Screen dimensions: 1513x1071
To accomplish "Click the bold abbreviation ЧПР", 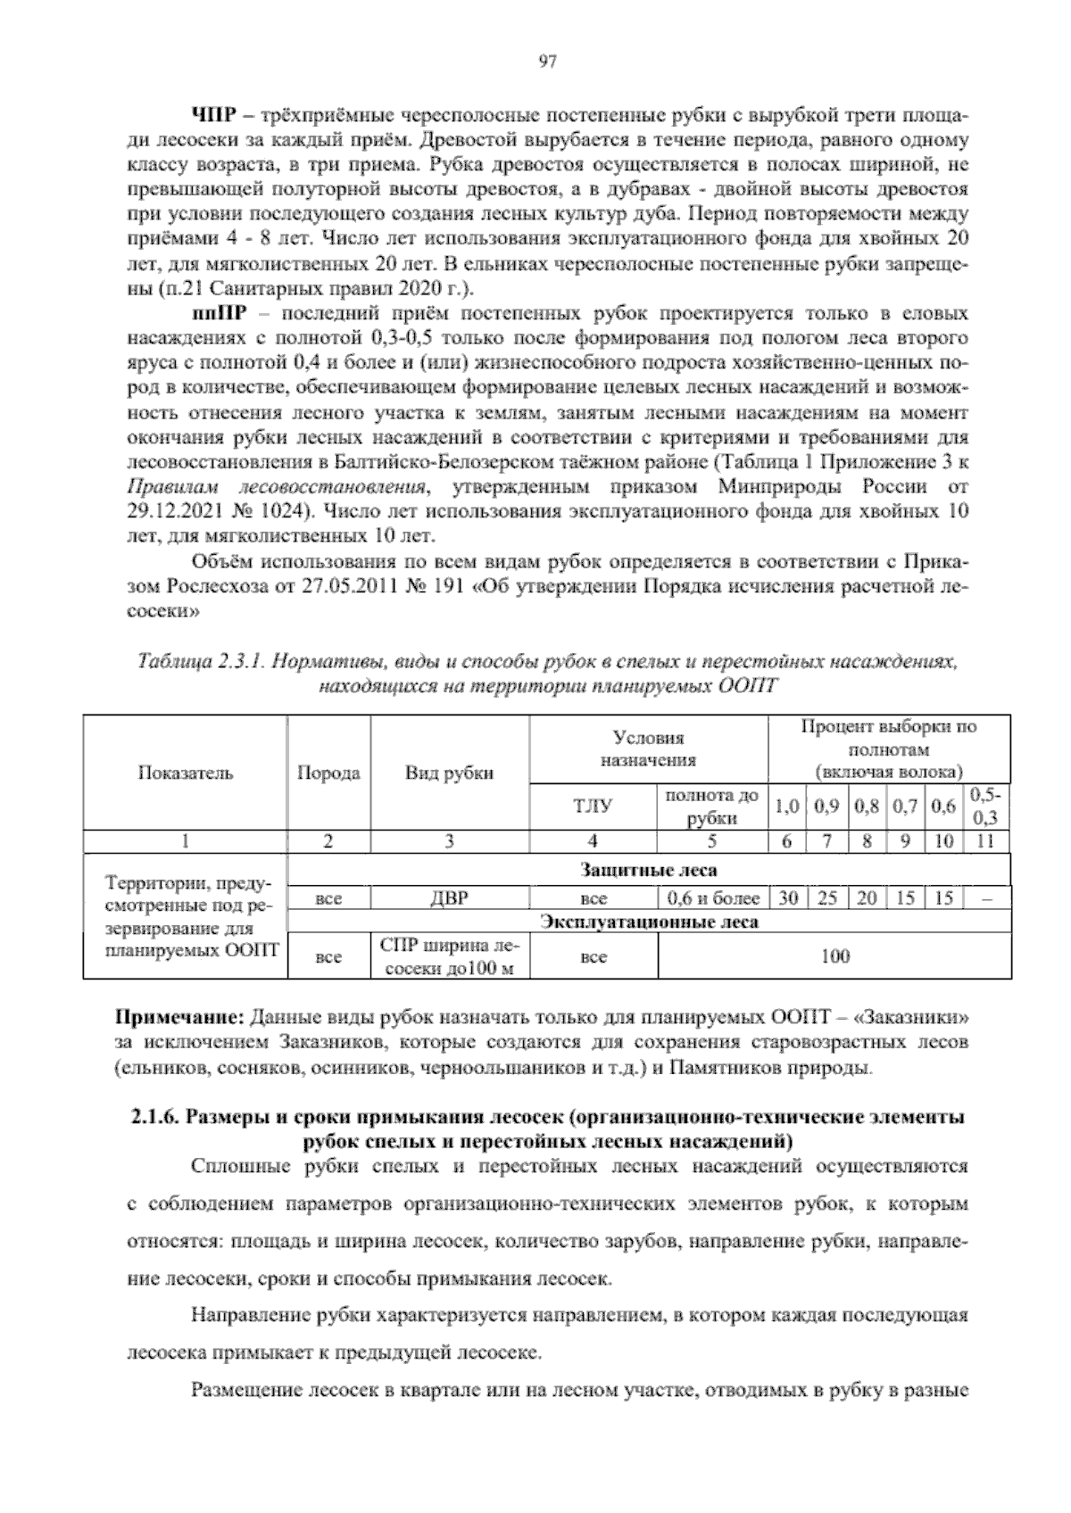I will (212, 118).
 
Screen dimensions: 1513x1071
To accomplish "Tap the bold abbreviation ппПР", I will (216, 316).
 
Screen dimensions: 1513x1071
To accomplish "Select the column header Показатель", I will (186, 773).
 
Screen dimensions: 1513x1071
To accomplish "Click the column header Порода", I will (328, 773).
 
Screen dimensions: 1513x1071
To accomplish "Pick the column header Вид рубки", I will (450, 773).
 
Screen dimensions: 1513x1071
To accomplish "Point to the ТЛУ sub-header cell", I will (593, 806).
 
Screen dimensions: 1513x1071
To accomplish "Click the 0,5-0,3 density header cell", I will (985, 806).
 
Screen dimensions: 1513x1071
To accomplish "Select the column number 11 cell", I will (985, 840).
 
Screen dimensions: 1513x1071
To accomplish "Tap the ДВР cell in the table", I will (450, 898).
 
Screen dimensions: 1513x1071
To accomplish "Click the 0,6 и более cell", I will (712, 898).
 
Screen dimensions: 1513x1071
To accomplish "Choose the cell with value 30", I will (786, 898).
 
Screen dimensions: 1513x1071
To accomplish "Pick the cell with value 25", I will (826, 898).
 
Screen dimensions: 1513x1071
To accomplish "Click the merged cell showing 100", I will (834, 956).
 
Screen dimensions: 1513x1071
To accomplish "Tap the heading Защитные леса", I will (648, 870).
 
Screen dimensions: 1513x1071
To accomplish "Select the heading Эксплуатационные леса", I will (648, 922).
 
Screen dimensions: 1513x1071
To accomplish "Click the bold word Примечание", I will (181, 1018).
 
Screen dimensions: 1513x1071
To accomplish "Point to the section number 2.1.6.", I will (156, 1119).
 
